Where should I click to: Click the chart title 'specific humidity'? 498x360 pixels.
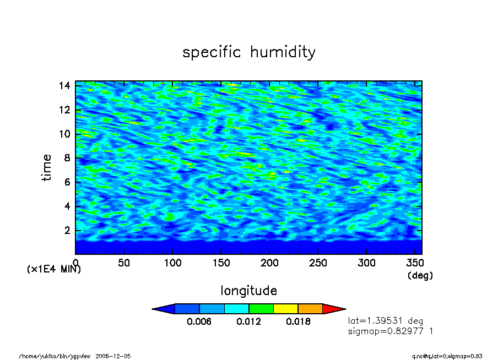pos(249,52)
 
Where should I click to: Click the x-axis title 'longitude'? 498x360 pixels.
pos(248,290)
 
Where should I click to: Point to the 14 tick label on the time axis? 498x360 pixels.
pos(64,85)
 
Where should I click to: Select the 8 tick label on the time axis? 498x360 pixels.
pos(67,158)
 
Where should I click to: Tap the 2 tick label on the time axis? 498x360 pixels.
pos(67,231)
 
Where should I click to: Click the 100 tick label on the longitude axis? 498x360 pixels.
pos(172,263)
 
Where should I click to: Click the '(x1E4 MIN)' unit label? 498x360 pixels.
pos(53,270)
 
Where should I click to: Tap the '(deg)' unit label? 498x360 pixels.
pos(420,275)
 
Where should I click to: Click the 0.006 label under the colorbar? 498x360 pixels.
pos(199,322)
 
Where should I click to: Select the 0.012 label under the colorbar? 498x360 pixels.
pos(248,322)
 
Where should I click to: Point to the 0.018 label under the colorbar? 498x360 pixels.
pos(298,322)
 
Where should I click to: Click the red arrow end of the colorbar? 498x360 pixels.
pos(332,309)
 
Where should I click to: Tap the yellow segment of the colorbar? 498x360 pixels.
pos(285,309)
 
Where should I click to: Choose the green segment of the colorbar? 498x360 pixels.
pos(261,309)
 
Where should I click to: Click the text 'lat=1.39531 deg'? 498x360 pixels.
pos(386,320)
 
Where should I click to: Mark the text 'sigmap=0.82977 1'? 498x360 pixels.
pos(391,331)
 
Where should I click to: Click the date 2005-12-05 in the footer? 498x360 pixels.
pos(113,356)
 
